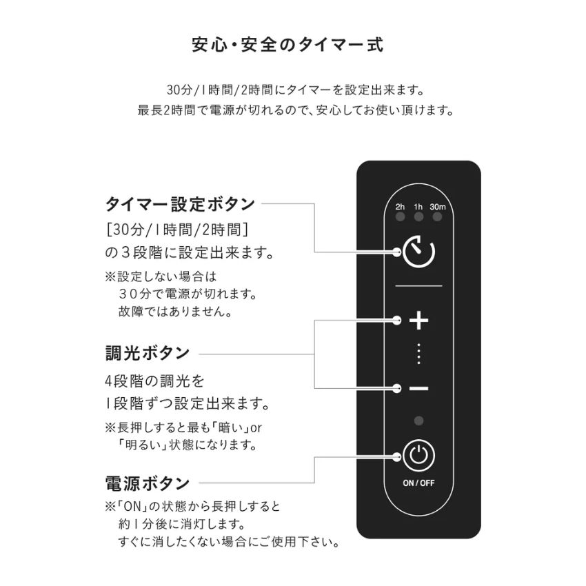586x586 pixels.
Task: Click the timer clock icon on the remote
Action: coord(418,252)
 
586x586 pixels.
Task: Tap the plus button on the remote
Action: coord(419,321)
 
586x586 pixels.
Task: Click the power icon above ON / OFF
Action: coord(418,456)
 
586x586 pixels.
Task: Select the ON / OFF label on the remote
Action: coord(418,483)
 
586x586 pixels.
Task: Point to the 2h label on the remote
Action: coord(400,207)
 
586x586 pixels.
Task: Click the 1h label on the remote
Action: coord(418,207)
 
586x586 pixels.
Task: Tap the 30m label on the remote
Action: coord(438,207)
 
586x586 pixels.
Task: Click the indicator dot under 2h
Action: coord(401,216)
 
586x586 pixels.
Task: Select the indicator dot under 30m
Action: coord(437,216)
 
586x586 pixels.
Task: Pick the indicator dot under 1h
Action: coord(418,216)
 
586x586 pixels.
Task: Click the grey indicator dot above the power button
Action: coord(418,421)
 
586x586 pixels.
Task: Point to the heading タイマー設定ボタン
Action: coord(180,204)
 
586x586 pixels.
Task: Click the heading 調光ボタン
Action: coord(148,353)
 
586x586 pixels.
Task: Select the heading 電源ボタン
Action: coord(148,483)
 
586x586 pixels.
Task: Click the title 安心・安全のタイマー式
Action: coord(287,45)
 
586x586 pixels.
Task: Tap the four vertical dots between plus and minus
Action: coord(418,354)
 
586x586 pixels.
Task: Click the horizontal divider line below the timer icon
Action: coord(418,286)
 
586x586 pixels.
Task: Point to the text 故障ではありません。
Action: coord(175,312)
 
